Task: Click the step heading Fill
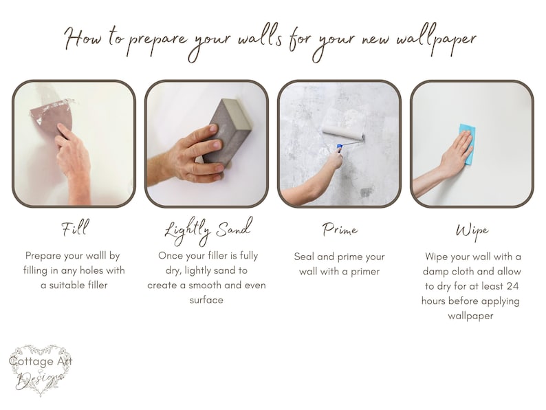75,228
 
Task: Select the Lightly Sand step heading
208,230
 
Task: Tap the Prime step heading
340,230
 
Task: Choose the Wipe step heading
472,231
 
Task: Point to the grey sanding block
228,132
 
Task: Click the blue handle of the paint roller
339,148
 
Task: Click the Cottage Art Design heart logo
41,370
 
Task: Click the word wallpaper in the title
436,39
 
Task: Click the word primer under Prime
365,271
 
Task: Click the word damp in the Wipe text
435,271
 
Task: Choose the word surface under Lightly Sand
206,300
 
